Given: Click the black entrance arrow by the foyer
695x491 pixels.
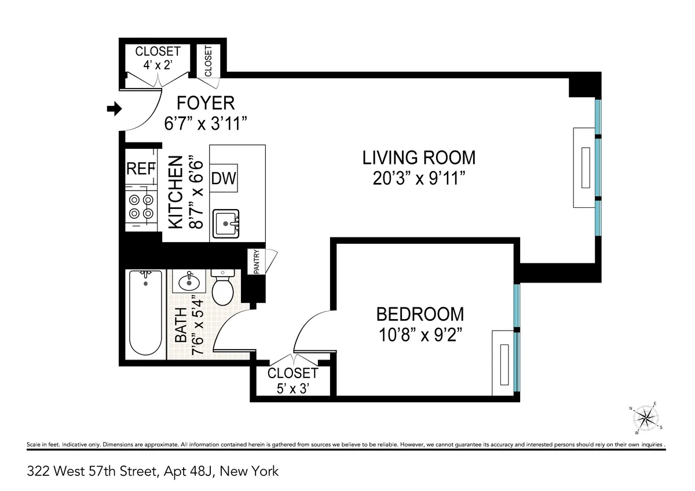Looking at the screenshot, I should click(115, 108).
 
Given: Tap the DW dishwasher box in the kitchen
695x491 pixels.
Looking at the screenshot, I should click(224, 178).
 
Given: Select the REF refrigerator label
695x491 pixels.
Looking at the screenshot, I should click(141, 169).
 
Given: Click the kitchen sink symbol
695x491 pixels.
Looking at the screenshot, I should click(226, 223).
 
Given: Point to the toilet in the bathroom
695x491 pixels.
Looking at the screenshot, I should click(222, 287).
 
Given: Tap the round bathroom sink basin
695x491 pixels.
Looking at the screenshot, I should click(189, 282).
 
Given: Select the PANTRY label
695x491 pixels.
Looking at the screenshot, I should click(256, 261).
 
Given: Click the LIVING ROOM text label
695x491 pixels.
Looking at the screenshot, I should click(419, 157).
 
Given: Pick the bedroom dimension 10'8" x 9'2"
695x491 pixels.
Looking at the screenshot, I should click(420, 335).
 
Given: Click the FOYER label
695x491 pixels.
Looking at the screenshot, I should click(206, 103).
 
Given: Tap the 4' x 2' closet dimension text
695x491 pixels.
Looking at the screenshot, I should click(158, 65).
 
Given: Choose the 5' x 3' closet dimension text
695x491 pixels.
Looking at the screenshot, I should click(292, 389).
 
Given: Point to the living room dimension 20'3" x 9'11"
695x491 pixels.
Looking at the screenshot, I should click(420, 178).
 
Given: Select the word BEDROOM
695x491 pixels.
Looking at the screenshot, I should click(420, 314).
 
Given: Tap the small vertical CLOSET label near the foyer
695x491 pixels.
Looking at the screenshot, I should click(208, 60).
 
